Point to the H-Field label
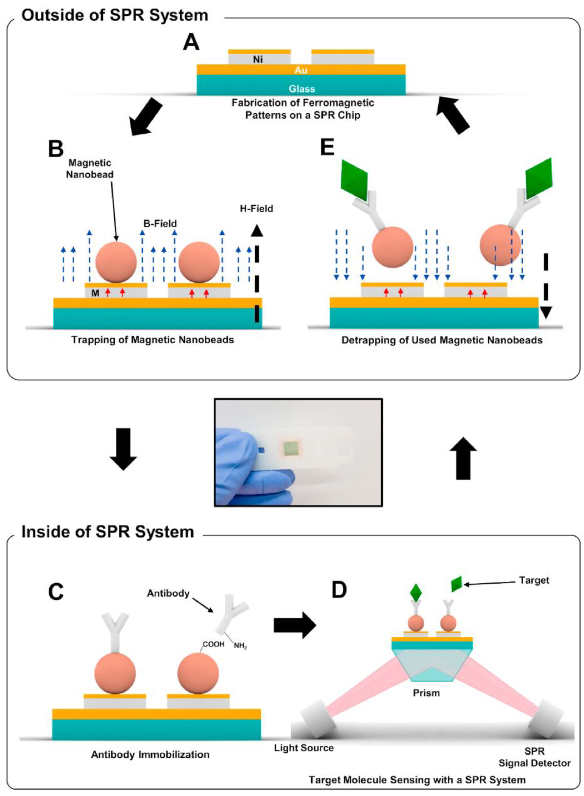coord(256,209)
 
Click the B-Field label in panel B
coord(160,223)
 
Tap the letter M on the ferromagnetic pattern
coord(95,293)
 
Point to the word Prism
coord(426,693)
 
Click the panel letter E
coord(327,147)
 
